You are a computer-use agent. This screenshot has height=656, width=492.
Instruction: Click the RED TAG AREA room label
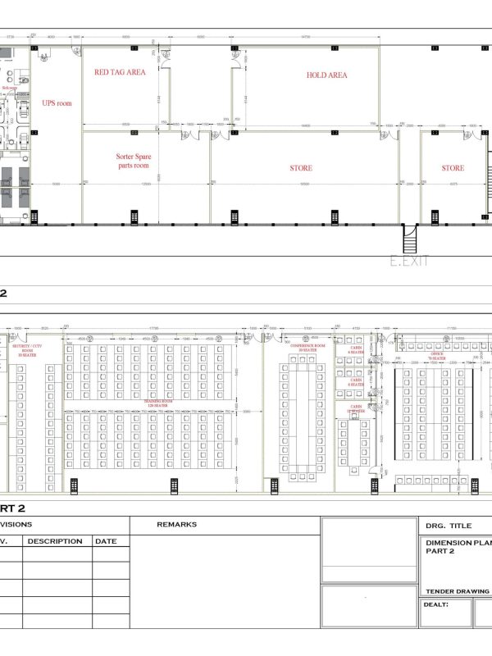[x=120, y=72]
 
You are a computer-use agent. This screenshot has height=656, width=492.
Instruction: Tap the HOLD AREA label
[x=326, y=75]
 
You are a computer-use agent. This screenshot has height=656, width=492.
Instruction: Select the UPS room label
[x=57, y=103]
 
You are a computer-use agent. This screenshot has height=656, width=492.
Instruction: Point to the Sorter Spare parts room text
[x=133, y=160]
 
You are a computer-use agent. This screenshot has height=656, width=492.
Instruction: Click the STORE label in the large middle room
[x=301, y=168]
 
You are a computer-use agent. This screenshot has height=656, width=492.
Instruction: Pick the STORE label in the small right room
[x=453, y=168]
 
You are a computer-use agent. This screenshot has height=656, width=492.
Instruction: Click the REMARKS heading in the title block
[x=175, y=524]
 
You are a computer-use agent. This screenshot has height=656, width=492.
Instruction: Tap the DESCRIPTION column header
[x=55, y=541]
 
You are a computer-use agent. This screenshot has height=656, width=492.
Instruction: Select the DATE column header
[x=105, y=541]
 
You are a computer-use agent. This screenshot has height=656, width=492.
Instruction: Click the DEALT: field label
[x=435, y=605]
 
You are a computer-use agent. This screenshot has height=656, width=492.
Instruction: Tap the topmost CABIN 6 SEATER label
[x=356, y=350]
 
